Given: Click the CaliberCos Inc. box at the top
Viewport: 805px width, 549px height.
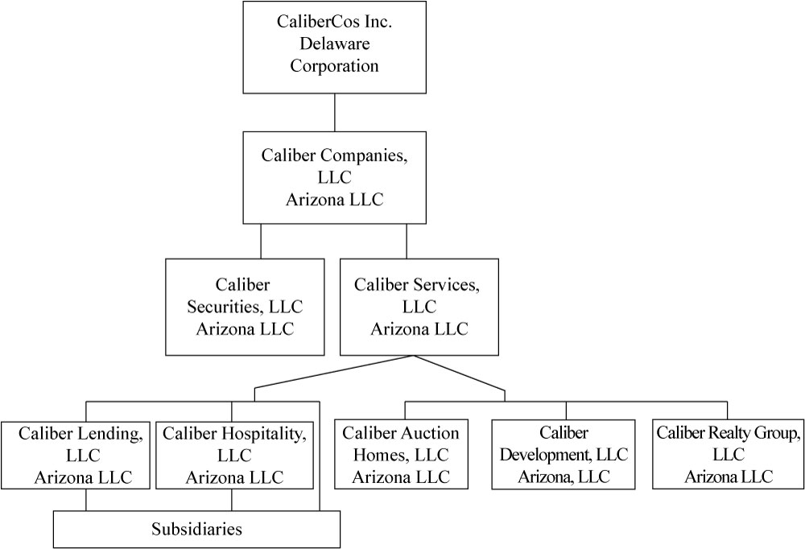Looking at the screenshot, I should (x=334, y=47).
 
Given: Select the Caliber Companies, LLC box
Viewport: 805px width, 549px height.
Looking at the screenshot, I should (x=334, y=177).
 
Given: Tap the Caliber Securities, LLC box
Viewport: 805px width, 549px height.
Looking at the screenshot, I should (x=245, y=306).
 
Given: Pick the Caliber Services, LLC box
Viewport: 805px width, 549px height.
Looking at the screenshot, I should (x=419, y=306).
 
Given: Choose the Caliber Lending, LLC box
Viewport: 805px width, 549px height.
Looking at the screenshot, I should (x=77, y=455).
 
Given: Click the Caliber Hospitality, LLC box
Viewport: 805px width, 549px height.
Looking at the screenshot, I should (x=234, y=455).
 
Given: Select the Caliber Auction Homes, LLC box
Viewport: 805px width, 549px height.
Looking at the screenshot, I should (x=400, y=455).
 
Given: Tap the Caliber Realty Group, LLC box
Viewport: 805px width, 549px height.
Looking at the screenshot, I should (x=729, y=455).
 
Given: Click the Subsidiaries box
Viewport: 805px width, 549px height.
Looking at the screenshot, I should (x=196, y=530).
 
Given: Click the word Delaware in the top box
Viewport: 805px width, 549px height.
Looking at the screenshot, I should (x=334, y=43).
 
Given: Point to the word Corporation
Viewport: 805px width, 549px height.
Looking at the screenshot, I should (x=334, y=66).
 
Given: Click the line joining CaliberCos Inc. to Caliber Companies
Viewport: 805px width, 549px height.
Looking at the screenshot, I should (x=334, y=112).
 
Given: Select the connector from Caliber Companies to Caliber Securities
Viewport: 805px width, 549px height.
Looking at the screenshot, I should (x=261, y=241).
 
